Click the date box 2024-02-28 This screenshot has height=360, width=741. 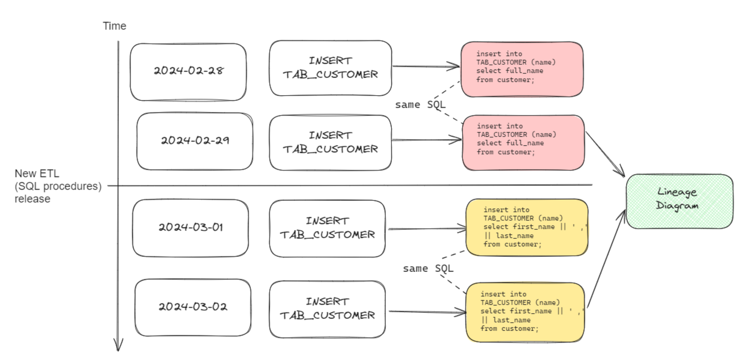pos(188,72)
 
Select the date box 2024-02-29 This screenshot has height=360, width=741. pos(195,141)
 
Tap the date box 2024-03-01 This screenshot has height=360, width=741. pos(190,228)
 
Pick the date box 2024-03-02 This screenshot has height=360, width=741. pos(193,307)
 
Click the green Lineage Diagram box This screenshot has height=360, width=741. pos(679,201)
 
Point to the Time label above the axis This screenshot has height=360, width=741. pos(114,26)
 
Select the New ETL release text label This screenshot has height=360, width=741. pos(58,186)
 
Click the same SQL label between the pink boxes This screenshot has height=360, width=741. pos(420,105)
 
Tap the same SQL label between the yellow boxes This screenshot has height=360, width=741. pos(428,269)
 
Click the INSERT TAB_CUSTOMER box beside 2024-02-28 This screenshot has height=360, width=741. pos(330,68)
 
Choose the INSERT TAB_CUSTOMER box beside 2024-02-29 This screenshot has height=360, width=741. pos(330,143)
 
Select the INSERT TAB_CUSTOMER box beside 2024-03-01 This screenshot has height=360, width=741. pos(327,229)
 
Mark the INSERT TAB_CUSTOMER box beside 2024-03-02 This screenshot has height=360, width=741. pos(327,309)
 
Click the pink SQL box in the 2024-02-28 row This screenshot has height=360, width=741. pos(522,69)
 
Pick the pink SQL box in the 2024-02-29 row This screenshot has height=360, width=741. pos(523,143)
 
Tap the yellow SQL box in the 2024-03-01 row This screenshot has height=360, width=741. pos(526,227)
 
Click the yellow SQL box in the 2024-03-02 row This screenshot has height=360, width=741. pos(525,312)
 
